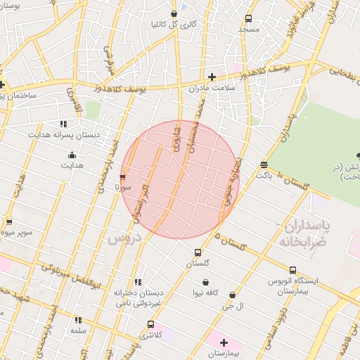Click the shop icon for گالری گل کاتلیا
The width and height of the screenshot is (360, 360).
coord(174,13)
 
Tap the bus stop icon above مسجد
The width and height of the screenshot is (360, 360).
coord(248,18)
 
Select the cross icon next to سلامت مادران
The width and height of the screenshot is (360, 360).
coord(212,77)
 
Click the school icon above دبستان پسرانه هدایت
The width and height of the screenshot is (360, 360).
coord(64,123)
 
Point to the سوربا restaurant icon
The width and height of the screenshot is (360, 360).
coord(123,177)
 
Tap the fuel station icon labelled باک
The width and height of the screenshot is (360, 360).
coord(264,165)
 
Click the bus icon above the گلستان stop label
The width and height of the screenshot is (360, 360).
coord(198,252)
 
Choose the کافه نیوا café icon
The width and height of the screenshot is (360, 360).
coord(205,283)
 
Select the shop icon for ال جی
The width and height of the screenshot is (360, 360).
coord(231,295)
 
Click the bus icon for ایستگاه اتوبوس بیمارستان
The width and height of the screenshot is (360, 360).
coord(292,270)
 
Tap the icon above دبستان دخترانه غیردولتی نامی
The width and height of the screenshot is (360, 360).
coord(138,282)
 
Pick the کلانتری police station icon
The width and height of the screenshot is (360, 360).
coord(150,324)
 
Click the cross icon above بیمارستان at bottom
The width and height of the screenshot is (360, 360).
coord(224,342)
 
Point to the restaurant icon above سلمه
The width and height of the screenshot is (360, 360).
coord(77,320)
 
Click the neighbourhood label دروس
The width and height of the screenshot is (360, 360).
coord(125,238)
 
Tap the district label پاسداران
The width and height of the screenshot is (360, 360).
coord(304,227)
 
